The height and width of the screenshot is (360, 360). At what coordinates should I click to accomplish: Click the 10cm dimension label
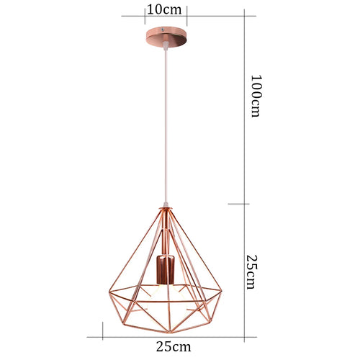(164, 10)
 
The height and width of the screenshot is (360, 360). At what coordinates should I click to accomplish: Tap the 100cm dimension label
(256, 96)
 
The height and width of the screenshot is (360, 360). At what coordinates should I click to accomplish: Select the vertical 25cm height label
(252, 271)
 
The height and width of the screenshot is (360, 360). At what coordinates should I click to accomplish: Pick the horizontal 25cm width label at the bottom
(174, 346)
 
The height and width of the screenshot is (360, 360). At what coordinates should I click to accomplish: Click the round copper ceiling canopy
(166, 37)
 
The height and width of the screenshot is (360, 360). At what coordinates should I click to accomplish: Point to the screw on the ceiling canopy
(163, 30)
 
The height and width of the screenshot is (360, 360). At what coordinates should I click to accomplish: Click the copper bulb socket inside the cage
(165, 269)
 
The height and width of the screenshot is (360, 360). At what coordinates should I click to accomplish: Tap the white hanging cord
(166, 125)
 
